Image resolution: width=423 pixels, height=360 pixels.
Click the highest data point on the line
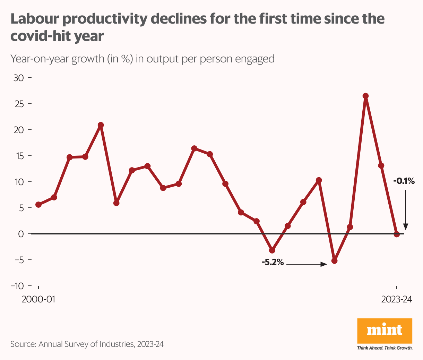tap(365, 96)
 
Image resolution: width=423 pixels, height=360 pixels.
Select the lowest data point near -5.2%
tap(334, 261)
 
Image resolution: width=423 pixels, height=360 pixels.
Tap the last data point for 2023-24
tap(397, 234)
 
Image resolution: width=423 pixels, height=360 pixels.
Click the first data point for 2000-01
tap(38, 205)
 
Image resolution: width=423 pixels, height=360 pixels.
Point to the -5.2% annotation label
tap(273, 263)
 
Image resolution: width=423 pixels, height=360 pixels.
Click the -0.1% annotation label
tap(404, 181)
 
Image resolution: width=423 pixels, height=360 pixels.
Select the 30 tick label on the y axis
tap(18, 78)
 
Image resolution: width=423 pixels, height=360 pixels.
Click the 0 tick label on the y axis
tap(21, 234)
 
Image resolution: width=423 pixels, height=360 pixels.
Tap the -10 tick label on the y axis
tap(17, 286)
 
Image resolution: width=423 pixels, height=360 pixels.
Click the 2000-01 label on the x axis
tap(38, 299)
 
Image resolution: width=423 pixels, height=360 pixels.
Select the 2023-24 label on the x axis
tap(397, 299)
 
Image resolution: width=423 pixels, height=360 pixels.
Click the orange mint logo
tap(385, 331)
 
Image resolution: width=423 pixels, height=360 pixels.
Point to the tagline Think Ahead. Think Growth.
tap(385, 348)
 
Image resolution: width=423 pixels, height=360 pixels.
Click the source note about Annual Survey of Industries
tap(87, 344)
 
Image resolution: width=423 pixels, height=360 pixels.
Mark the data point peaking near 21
tap(101, 125)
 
